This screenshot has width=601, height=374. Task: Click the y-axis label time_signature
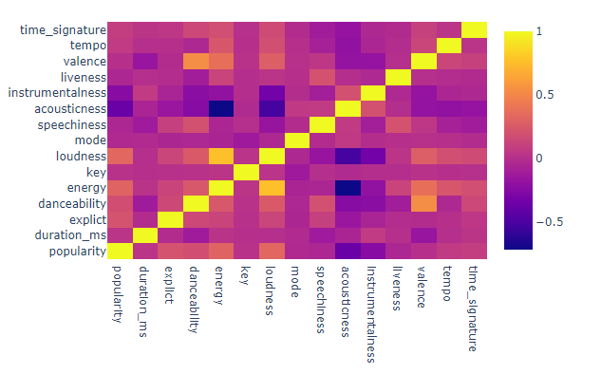(x=59, y=29)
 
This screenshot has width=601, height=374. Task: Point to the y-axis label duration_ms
(x=66, y=235)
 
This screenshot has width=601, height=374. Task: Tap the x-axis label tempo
(x=448, y=284)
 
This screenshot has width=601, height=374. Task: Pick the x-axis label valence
(x=423, y=287)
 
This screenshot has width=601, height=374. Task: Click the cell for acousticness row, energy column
(x=221, y=108)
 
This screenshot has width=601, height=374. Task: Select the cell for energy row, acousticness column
(x=347, y=188)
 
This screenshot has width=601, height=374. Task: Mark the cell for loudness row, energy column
(x=221, y=156)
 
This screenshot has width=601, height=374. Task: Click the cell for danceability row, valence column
(x=423, y=203)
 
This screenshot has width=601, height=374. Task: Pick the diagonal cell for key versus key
(x=246, y=172)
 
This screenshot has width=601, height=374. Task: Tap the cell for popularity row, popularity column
(x=119, y=251)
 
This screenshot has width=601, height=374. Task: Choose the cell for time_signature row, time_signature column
(x=475, y=29)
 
